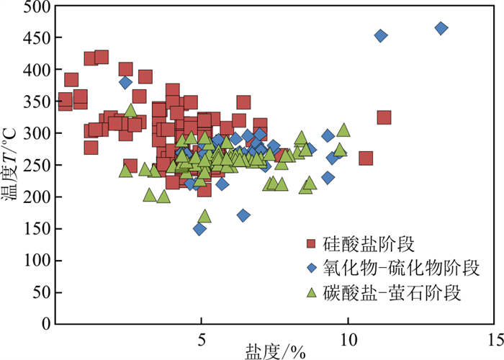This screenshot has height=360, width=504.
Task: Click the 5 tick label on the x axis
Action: point(201,339)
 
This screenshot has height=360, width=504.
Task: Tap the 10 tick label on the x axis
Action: point(348,339)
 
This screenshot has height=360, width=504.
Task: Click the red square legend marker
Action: point(312,243)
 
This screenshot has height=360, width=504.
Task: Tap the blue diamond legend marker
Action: point(312,268)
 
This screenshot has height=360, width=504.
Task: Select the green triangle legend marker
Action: point(312,292)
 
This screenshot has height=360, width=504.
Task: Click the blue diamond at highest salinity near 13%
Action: point(441,28)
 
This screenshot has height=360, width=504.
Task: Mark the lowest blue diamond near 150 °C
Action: point(199,229)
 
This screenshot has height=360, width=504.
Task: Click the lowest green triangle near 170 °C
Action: point(204,215)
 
